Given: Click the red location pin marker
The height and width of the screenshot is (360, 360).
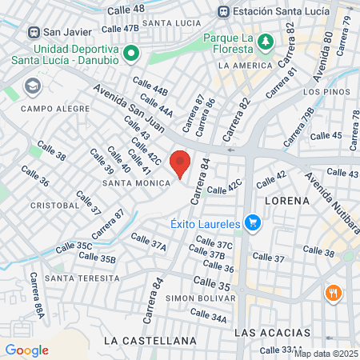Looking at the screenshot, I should [x=180, y=162].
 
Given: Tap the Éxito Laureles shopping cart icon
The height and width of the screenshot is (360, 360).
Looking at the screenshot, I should [x=253, y=222].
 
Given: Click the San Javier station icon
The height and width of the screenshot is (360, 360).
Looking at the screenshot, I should [x=34, y=32].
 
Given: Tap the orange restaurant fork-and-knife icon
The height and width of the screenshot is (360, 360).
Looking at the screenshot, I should [x=333, y=294].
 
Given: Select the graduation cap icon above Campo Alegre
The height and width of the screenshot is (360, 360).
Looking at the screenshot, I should [x=33, y=86].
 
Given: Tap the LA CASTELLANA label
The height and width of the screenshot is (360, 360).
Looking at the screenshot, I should [x=150, y=340].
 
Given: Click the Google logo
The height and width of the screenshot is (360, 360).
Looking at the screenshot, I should [x=26, y=350].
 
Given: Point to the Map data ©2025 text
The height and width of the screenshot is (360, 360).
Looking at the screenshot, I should [x=325, y=354].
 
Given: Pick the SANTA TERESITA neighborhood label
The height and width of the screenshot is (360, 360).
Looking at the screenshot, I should [x=82, y=278].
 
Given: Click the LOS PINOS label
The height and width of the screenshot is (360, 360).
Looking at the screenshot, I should [x=322, y=92].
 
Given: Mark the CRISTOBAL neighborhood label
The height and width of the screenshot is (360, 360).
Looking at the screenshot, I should [x=54, y=205].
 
